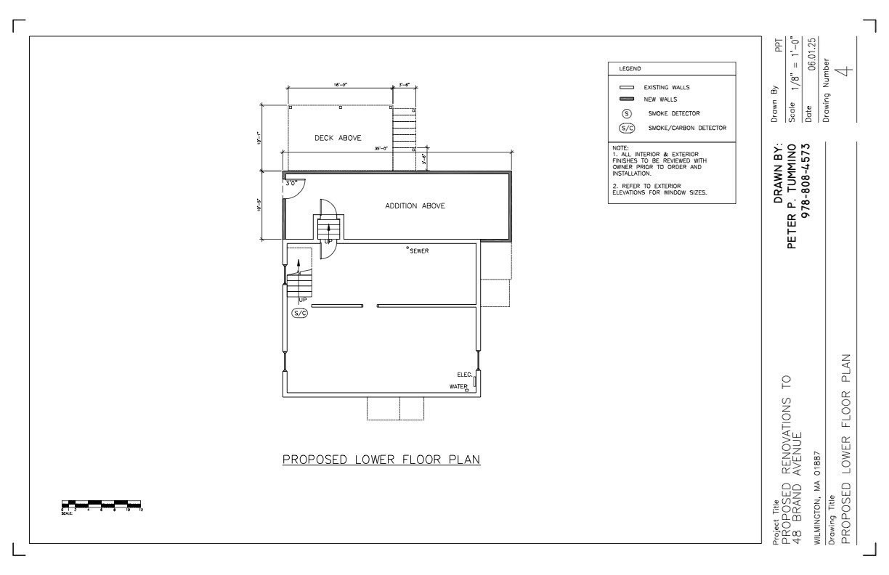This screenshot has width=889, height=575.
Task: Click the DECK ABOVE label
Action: (x=338, y=138)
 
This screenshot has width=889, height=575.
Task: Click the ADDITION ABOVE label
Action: (x=415, y=206)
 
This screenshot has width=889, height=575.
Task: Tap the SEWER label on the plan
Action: (x=419, y=251)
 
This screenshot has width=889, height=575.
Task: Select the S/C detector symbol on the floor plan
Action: (x=300, y=314)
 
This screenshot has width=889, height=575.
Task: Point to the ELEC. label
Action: (x=465, y=375)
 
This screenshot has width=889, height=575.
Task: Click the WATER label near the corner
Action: (x=458, y=387)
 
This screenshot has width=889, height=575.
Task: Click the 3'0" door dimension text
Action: (x=291, y=184)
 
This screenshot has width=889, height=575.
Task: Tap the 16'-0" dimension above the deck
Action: (x=341, y=85)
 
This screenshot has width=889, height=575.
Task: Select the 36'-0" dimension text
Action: (x=381, y=148)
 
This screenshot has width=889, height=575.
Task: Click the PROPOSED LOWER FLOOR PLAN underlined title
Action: (x=381, y=460)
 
